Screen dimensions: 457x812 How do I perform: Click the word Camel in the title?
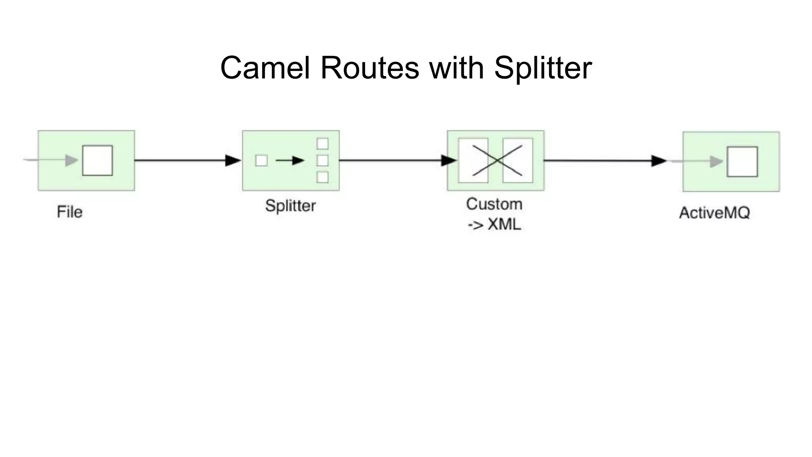(264, 68)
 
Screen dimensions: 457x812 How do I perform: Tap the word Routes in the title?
(369, 68)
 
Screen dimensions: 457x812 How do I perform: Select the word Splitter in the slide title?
(543, 68)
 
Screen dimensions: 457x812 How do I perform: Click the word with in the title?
(457, 68)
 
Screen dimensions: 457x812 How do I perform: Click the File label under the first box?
(70, 212)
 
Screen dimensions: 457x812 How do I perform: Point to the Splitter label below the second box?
(290, 206)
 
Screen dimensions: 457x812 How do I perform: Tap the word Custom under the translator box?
(494, 204)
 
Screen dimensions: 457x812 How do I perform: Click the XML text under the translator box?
(504, 225)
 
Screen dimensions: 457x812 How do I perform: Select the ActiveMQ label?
(714, 213)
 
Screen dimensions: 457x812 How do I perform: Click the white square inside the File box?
(98, 160)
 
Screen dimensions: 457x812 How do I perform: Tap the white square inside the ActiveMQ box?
(742, 161)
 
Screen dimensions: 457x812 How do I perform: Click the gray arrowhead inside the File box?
(71, 160)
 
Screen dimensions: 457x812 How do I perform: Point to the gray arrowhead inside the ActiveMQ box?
(716, 161)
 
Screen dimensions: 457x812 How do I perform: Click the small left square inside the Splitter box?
(261, 161)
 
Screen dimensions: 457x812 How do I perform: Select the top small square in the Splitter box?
(322, 144)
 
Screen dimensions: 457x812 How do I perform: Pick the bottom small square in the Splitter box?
(322, 177)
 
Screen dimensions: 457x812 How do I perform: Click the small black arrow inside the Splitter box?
(290, 161)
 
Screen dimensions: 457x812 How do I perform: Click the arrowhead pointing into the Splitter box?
(233, 160)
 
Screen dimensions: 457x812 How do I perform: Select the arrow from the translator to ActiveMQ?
(603, 161)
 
